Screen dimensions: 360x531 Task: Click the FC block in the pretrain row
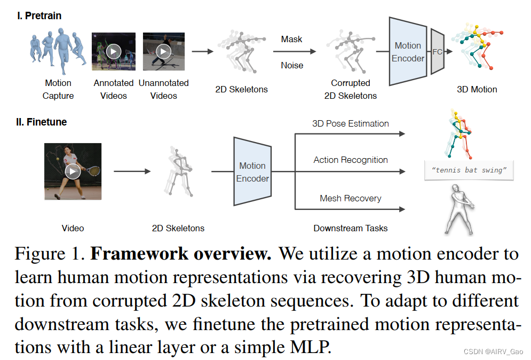[437, 52]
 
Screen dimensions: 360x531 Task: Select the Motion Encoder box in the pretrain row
[408, 52]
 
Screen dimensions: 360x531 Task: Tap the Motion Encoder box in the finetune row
[252, 172]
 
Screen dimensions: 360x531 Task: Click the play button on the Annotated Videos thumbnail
[113, 51]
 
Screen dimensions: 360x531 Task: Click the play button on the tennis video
[73, 171]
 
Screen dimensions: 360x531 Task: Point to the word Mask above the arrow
[291, 39]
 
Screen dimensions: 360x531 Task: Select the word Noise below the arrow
[291, 65]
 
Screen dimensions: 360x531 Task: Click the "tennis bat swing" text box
[469, 170]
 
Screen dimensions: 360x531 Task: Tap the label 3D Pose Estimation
[351, 123]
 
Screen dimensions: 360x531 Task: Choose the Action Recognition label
[351, 160]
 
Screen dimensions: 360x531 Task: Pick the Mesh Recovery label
[351, 198]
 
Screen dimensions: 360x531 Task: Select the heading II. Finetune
[41, 122]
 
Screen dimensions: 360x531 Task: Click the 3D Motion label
[477, 89]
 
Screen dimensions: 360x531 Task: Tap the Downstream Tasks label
[351, 228]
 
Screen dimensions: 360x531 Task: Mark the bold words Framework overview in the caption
[181, 253]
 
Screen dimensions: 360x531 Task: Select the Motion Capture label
[58, 89]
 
